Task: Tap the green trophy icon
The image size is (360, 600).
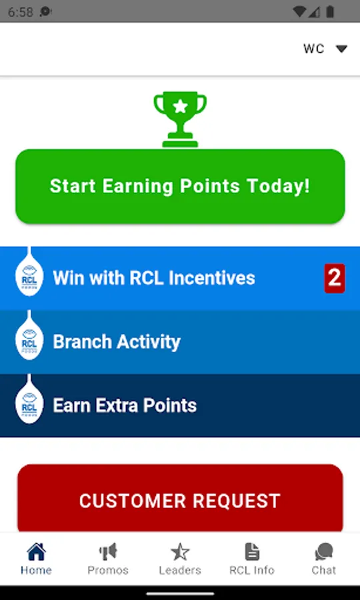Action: [x=180, y=119]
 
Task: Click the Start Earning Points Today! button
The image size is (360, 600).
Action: [x=180, y=187]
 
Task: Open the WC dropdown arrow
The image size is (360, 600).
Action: [x=341, y=49]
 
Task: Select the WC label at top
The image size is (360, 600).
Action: [x=314, y=49]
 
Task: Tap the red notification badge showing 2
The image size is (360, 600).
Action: [x=335, y=278]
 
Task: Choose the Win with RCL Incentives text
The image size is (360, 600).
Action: [x=154, y=278]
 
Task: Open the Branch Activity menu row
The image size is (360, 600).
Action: [x=180, y=342]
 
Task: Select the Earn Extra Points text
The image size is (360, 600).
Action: [x=125, y=405]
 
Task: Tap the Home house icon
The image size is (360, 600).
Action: [x=37, y=552]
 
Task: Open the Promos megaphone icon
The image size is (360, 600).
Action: [x=108, y=552]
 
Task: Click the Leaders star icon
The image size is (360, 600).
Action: [x=180, y=552]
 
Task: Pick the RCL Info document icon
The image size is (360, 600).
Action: [x=252, y=552]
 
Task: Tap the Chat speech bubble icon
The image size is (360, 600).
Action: [x=323, y=552]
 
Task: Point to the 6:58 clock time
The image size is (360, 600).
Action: [x=21, y=12]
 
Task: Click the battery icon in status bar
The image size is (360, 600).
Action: [x=330, y=12]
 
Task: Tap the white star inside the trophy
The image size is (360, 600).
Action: [x=180, y=107]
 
